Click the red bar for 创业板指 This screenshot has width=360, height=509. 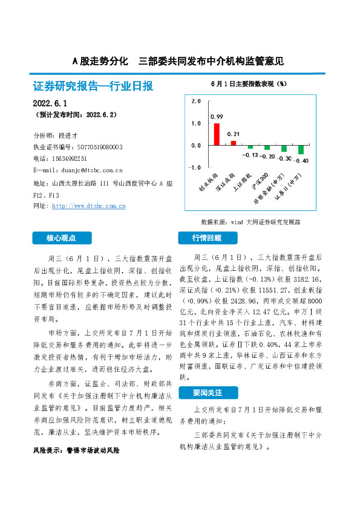point(217,134)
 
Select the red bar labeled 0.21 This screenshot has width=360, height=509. point(234,143)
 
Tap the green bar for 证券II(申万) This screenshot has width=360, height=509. point(301,150)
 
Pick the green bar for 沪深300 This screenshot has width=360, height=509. point(267,148)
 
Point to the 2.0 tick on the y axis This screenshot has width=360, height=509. point(195,102)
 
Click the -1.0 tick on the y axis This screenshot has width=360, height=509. point(194,167)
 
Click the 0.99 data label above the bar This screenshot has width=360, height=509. point(217,116)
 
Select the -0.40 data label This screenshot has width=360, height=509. point(301,161)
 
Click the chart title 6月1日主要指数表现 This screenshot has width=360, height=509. point(249,83)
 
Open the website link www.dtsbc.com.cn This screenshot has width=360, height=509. point(89,206)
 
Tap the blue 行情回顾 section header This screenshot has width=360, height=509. point(207,238)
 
